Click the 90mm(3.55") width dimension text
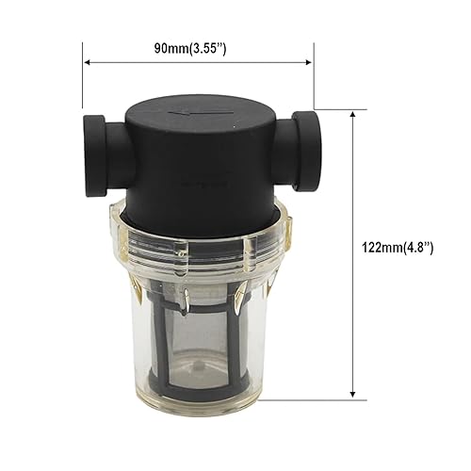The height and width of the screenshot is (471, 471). [x=197, y=44]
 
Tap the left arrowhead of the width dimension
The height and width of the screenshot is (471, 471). [x=88, y=63]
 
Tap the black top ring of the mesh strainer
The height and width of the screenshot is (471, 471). [x=203, y=283]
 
